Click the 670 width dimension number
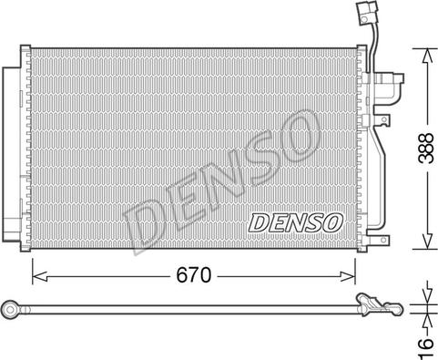tap(193, 275)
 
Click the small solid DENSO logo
tap(295, 222)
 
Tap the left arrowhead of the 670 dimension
tap(39, 276)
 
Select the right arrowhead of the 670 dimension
tap(348, 276)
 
